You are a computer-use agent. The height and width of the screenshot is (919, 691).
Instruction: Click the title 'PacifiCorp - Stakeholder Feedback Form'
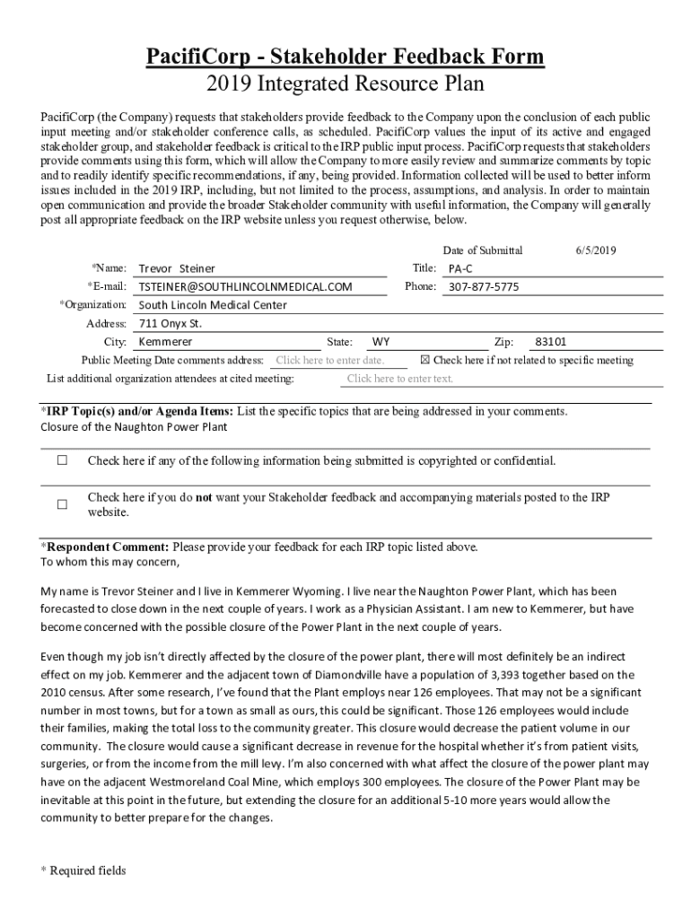(x=345, y=57)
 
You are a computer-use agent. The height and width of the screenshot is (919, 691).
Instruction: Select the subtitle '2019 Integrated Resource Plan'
(x=345, y=84)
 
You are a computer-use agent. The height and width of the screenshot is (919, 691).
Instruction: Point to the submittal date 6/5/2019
(x=596, y=250)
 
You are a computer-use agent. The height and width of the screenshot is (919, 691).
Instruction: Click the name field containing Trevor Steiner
(x=177, y=268)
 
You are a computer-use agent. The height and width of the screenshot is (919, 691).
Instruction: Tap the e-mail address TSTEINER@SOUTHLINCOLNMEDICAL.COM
(x=245, y=287)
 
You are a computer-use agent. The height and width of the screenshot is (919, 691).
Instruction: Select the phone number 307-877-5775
(x=484, y=287)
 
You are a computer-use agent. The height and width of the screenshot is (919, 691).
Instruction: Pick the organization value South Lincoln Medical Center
(x=213, y=305)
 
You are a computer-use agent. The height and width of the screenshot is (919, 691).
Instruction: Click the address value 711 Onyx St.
(x=171, y=323)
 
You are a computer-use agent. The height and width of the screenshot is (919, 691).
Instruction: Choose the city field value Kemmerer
(x=165, y=342)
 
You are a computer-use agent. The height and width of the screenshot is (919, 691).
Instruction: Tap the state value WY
(x=381, y=342)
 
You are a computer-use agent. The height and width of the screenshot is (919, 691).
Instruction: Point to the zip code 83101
(x=550, y=342)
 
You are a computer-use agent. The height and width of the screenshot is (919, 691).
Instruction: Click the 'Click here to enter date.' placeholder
(x=329, y=361)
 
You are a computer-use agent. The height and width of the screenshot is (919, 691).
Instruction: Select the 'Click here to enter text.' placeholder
(x=400, y=379)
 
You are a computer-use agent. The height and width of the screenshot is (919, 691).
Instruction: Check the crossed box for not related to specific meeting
(x=425, y=361)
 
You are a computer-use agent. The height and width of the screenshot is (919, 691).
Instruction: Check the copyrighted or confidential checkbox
(x=63, y=461)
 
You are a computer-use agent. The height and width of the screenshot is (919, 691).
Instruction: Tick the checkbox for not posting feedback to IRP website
(x=63, y=504)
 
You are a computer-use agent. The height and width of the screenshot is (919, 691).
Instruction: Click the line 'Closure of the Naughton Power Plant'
(x=134, y=427)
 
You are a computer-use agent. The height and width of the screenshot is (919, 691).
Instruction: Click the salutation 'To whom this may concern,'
(x=110, y=563)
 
